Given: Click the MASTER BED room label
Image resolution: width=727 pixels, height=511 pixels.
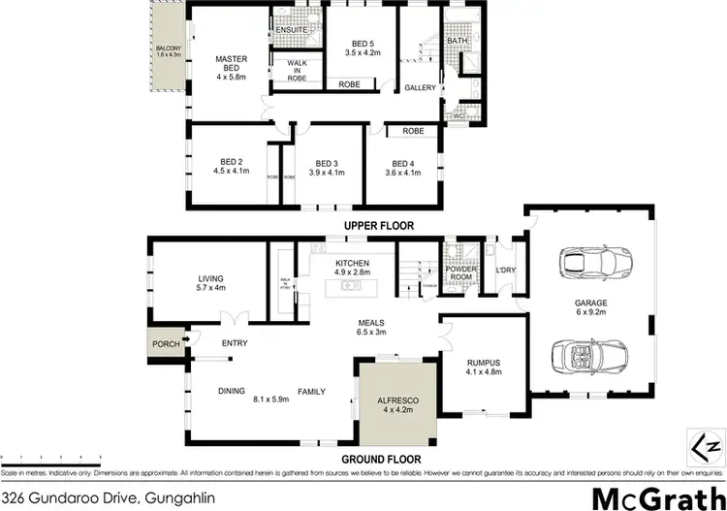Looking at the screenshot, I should click(231, 64).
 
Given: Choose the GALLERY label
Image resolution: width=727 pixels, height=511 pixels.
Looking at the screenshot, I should click(419, 88).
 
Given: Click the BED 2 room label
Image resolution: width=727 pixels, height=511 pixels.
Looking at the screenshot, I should click(231, 164).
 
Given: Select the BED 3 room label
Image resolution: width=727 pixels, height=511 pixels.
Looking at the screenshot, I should click(322, 164).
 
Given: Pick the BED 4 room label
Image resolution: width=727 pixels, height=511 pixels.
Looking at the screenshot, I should click(402, 164).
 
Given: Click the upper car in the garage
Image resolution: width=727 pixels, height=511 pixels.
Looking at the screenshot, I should click(591, 262).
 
